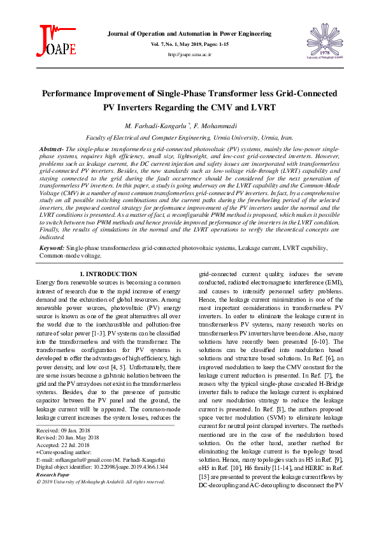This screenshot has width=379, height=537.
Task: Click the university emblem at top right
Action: pyautogui.click(x=325, y=41)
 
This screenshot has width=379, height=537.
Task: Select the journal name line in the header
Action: pyautogui.click(x=189, y=33)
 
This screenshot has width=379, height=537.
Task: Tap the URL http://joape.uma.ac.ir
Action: pyautogui.click(x=189, y=55)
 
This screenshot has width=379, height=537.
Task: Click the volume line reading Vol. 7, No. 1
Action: pyautogui.click(x=189, y=44)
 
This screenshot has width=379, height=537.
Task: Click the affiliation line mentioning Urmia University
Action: pyautogui.click(x=189, y=137)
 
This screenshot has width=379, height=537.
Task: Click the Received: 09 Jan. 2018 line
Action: pyautogui.click(x=64, y=430)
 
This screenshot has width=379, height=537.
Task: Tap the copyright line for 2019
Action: pyautogui.click(x=101, y=482)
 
